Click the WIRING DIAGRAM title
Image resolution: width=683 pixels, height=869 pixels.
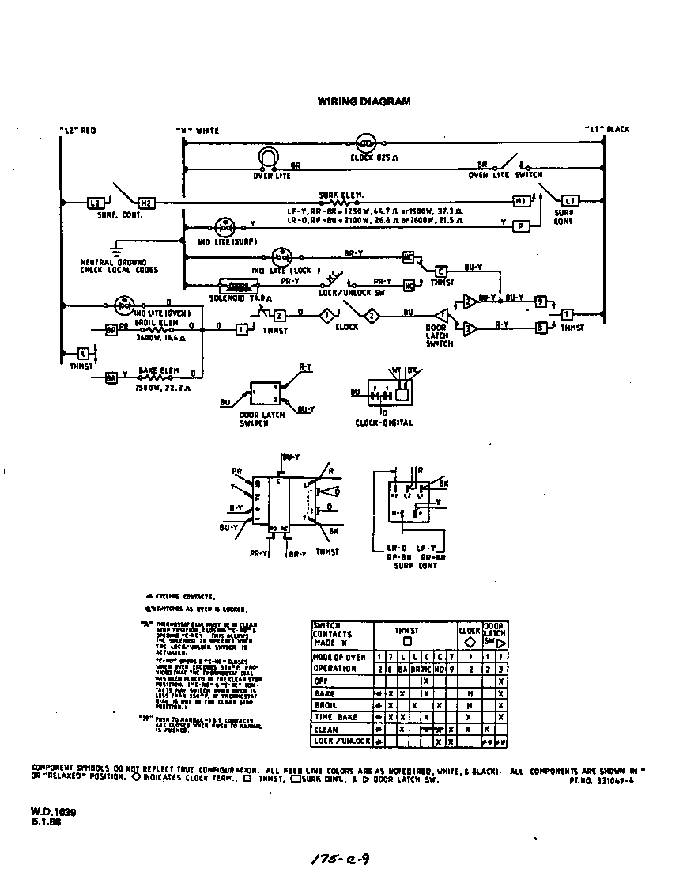364,101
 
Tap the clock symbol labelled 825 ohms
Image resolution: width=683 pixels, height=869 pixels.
365,144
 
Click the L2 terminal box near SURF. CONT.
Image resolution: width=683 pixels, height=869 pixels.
93,203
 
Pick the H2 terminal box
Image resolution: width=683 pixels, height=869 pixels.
146,203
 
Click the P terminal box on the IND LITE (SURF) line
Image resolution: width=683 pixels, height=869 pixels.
521,225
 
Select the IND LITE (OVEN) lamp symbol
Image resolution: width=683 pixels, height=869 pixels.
123,302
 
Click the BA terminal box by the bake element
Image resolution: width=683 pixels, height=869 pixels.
111,378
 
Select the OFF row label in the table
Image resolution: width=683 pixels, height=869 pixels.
321,680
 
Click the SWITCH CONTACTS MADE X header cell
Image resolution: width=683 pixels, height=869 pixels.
333,634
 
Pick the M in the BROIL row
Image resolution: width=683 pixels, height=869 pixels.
470,704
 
